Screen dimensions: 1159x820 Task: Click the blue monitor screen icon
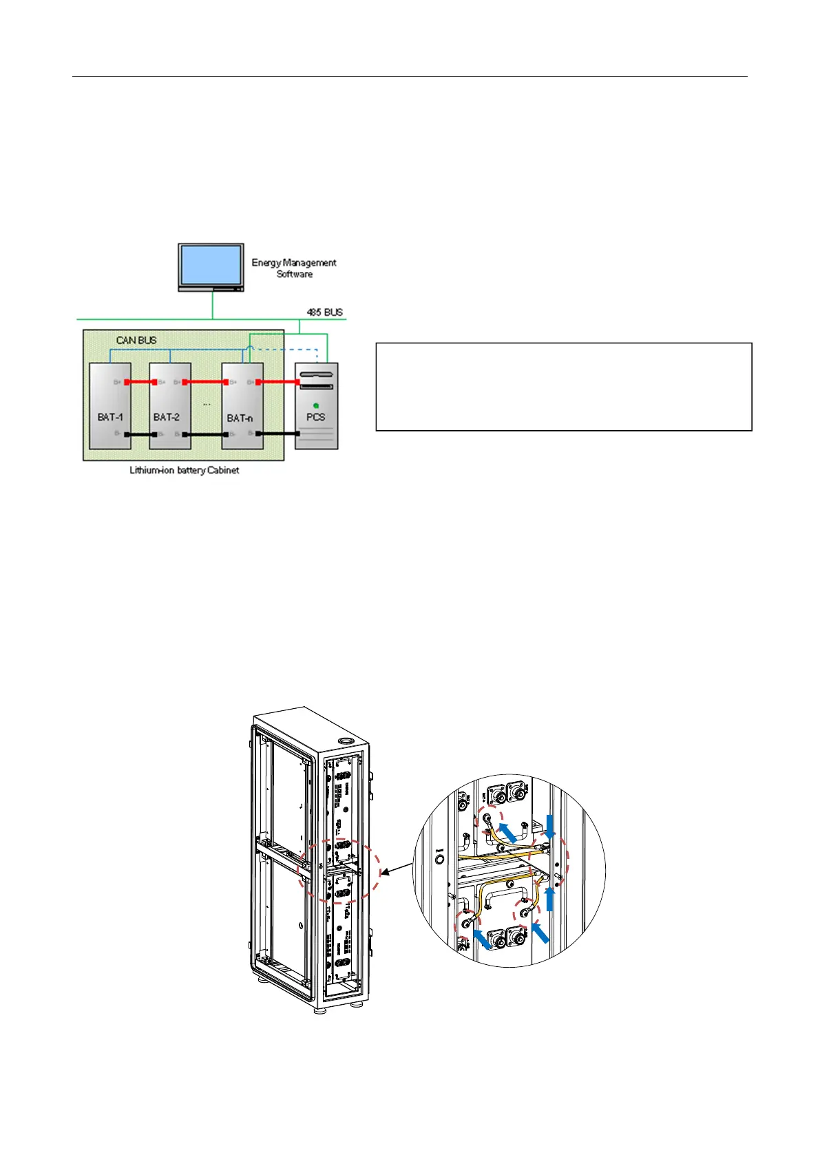coord(211,265)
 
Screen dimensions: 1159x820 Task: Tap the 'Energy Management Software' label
coord(294,268)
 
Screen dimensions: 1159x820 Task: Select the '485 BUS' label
coord(324,312)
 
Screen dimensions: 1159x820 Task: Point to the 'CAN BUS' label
coord(136,340)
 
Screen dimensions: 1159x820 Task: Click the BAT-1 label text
coord(110,417)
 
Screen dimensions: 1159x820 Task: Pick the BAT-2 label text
coord(167,417)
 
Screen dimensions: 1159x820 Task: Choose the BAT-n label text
coord(240,418)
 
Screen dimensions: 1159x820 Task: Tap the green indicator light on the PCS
coord(316,406)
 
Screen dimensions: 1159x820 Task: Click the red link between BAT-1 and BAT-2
coord(140,382)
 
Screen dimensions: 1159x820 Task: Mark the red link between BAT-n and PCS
coord(277,382)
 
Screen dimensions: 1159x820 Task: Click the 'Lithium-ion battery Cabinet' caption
coord(185,471)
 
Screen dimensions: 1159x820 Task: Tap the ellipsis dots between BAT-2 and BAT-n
coord(207,405)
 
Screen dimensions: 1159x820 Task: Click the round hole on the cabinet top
coord(346,741)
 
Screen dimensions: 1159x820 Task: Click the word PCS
coord(316,417)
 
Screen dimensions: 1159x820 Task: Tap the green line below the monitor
coord(213,306)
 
